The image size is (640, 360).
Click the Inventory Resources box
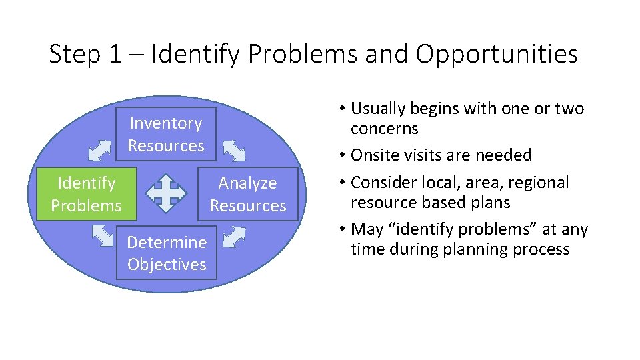coord(166,134)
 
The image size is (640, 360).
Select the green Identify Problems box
coord(86,194)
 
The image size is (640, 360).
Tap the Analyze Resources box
coord(247,194)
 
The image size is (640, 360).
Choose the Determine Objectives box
coord(167,253)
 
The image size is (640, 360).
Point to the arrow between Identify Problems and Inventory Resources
coord(100,151)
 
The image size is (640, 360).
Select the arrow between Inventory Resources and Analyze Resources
coord(235,151)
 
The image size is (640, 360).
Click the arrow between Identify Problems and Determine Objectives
coord(102,237)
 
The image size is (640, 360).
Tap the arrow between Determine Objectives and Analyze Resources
coord(235,237)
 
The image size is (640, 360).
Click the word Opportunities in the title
coord(497,54)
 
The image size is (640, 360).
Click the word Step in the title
coord(74,54)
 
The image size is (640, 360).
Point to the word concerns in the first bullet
coord(384,129)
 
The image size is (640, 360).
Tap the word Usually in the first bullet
coord(379,109)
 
